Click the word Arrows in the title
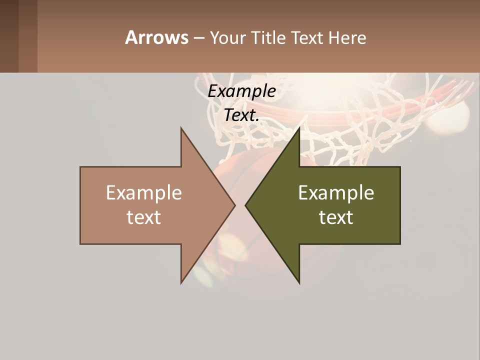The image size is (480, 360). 156,37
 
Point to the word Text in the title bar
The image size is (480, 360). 308,37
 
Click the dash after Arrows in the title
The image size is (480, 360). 198,38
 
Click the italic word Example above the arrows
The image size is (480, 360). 242,91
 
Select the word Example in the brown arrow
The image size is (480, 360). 144,192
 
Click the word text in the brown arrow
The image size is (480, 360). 144,217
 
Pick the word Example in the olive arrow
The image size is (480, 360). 336,192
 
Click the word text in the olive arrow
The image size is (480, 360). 336,217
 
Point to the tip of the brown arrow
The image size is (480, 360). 234,205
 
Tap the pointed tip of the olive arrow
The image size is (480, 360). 246,205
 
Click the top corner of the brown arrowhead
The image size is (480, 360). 182,129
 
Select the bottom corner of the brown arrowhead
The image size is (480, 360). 182,282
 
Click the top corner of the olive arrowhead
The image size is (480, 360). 299,129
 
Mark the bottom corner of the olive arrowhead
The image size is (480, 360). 299,282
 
